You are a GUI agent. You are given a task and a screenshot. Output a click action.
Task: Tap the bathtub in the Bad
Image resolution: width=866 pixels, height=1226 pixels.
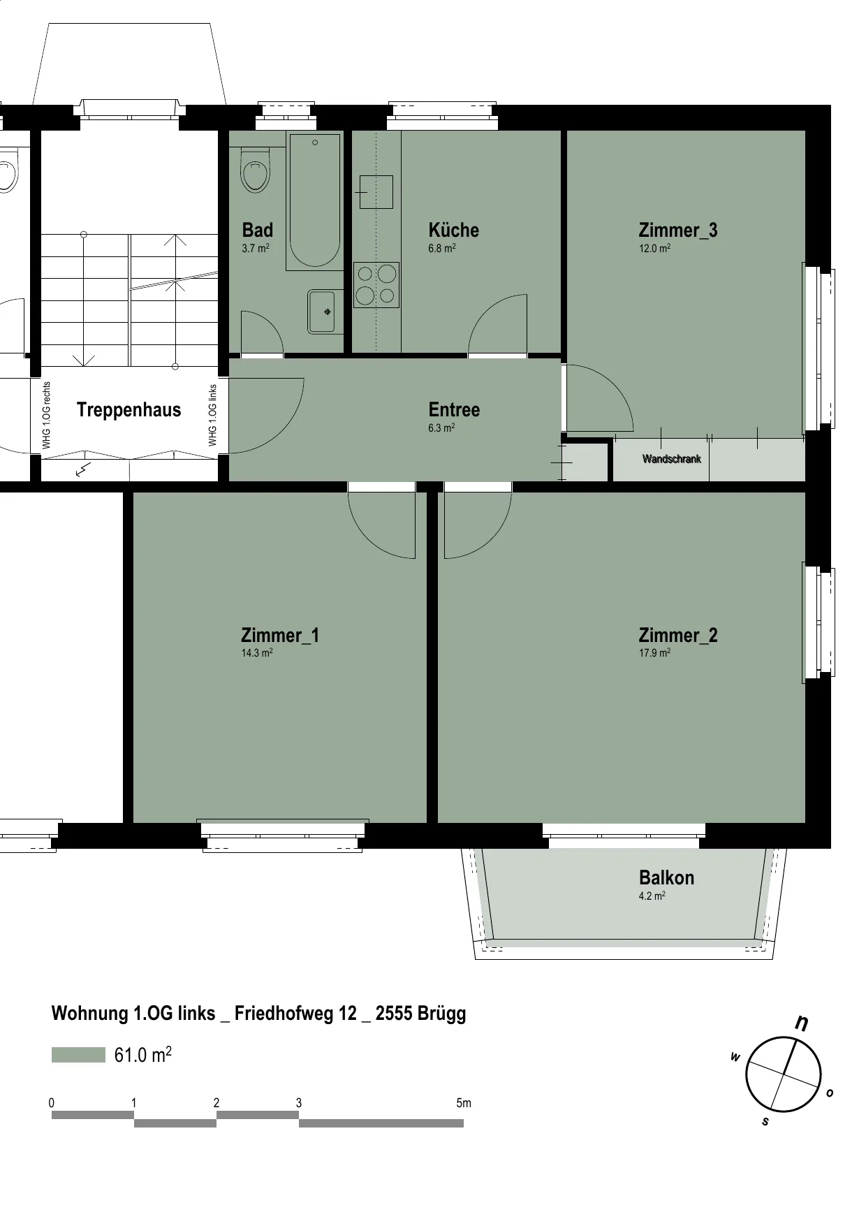[314, 201]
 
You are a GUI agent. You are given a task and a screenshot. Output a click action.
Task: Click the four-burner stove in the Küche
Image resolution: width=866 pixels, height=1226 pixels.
[376, 285]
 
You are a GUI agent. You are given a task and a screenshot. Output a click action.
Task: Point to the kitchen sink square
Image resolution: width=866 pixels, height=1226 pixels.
[376, 191]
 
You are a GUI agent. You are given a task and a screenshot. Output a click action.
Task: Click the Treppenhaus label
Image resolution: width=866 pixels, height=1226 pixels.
[129, 410]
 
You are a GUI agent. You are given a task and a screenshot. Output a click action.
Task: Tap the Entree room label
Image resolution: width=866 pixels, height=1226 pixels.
[454, 409]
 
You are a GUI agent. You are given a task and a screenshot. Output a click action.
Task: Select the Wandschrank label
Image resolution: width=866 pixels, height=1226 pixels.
[671, 459]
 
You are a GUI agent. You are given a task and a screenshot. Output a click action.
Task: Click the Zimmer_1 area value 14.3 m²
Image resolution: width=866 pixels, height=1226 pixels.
[257, 653]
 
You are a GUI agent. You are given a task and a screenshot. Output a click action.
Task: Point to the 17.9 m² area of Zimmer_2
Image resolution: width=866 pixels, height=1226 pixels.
[654, 653]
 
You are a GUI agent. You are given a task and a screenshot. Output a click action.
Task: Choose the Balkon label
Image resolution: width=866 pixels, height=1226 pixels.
[666, 877]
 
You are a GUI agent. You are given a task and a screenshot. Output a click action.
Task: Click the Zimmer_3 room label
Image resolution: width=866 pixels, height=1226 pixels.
[678, 230]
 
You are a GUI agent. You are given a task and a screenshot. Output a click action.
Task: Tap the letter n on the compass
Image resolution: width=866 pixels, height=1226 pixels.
[802, 1023]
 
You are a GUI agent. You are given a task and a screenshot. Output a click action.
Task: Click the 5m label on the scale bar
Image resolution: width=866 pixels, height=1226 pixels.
[464, 1103]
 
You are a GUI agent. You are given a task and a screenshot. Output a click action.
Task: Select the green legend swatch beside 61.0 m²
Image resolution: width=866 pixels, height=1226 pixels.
[78, 1055]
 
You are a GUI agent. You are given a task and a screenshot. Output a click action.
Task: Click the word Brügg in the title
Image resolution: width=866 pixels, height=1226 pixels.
[441, 1014]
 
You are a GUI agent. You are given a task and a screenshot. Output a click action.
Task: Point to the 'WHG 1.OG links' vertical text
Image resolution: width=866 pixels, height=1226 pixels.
[213, 415]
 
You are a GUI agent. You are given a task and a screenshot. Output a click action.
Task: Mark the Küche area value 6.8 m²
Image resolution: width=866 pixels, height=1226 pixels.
[442, 248]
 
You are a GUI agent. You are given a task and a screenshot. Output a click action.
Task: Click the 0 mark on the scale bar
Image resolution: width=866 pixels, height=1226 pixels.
[52, 1103]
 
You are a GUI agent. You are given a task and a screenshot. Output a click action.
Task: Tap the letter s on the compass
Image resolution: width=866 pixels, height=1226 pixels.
[765, 1122]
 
